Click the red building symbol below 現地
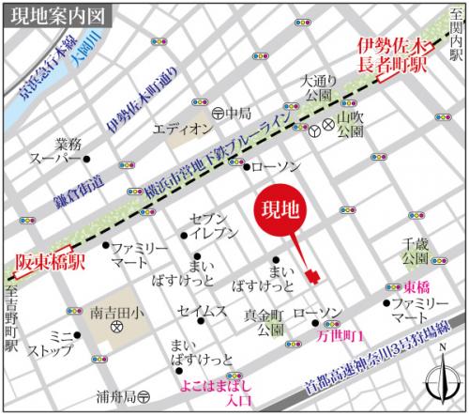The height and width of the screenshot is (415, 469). click(312, 275)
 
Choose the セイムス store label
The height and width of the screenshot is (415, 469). click(201, 311)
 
